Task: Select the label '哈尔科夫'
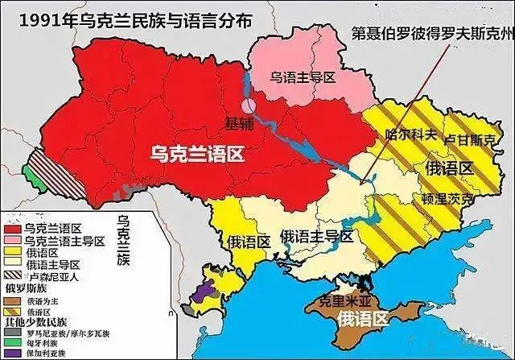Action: point(411,134)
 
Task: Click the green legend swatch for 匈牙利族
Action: point(11,342)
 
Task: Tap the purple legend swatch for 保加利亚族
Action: point(11,354)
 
